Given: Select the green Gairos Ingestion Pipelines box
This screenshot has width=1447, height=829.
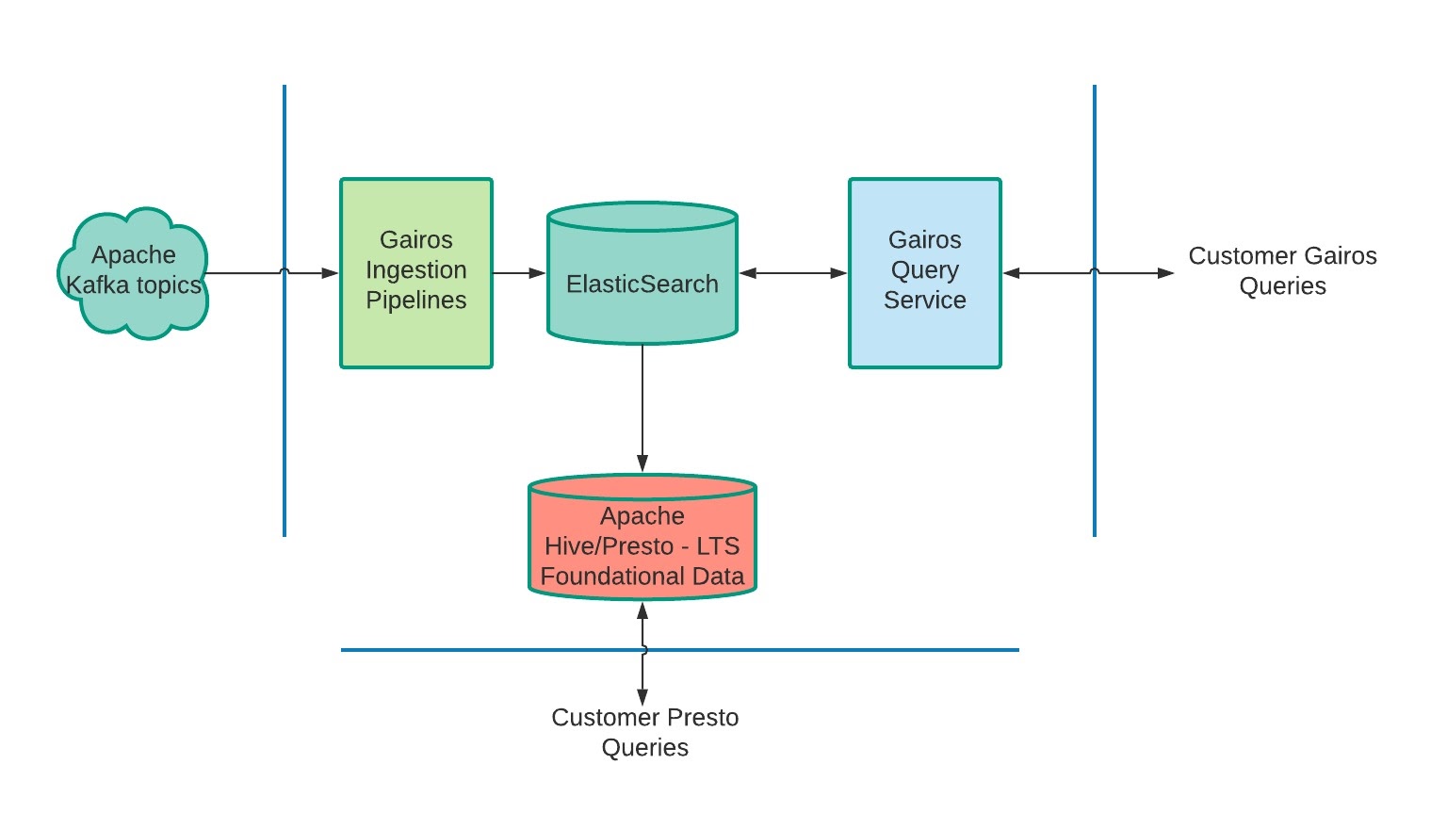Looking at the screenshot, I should [415, 339].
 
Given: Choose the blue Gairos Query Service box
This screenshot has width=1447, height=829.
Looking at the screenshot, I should [924, 339].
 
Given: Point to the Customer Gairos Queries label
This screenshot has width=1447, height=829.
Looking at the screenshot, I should [1282, 270].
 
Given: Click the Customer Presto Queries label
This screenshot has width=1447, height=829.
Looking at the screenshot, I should [644, 732].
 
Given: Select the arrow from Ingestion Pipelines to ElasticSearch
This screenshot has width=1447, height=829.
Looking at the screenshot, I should [518, 273].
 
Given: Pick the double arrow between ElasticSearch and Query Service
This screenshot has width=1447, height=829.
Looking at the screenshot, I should [792, 273].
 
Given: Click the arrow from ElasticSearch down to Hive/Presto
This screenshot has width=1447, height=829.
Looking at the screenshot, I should [642, 405].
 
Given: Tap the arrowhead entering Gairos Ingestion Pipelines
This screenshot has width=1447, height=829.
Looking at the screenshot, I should [330, 273].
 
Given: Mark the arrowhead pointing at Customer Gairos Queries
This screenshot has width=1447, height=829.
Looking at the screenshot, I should [1166, 273].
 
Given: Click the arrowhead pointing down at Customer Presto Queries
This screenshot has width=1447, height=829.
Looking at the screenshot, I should [642, 697].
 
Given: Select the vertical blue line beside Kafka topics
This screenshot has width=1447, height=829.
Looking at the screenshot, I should [285, 424].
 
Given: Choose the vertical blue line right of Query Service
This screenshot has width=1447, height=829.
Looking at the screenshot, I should [1095, 424].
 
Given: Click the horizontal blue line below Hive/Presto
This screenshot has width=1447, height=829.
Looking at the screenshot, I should [848, 650].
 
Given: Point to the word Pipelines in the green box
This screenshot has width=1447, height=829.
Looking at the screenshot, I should [415, 301].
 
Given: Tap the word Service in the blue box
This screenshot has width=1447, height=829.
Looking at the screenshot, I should [924, 301].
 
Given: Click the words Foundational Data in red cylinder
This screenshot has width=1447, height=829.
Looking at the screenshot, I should [642, 577].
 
